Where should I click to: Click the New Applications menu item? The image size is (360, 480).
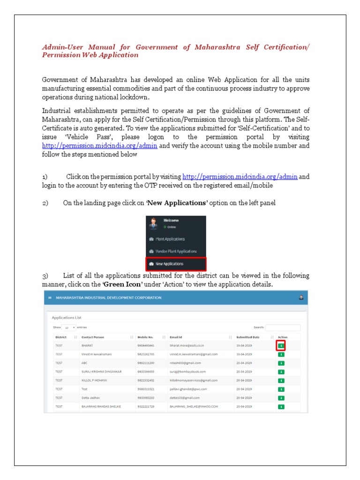(176, 264)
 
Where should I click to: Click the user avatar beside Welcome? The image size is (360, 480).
(153, 223)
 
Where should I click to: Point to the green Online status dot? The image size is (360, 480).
(165, 226)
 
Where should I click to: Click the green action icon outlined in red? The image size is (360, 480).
(281, 346)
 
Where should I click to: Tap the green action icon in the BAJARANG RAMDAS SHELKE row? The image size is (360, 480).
(281, 406)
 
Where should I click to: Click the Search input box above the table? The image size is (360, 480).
(283, 327)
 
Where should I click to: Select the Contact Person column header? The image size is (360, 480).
(93, 337)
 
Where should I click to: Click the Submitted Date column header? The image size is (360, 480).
(248, 337)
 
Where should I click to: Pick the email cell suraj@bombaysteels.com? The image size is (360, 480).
(187, 372)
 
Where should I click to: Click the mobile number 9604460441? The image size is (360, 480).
(146, 346)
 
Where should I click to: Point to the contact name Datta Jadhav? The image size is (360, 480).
(91, 398)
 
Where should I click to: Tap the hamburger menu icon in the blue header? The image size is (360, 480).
(50, 298)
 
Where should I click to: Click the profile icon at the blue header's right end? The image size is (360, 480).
(301, 298)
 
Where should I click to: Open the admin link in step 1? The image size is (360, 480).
(240, 177)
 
